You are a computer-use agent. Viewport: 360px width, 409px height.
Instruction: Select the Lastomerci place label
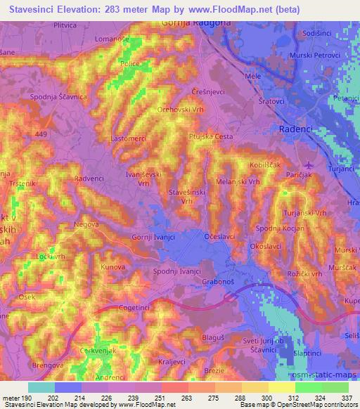[128, 139]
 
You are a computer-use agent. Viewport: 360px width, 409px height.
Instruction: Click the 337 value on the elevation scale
[347, 398]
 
